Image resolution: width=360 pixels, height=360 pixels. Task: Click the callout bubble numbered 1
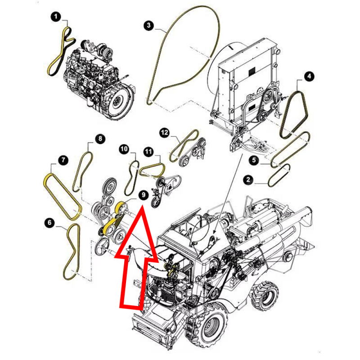(56, 17)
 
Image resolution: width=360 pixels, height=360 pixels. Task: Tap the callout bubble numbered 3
(149, 25)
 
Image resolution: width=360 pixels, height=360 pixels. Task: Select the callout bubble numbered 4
(309, 76)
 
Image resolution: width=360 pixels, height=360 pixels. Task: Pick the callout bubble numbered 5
(254, 160)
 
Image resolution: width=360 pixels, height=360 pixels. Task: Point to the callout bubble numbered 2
(248, 180)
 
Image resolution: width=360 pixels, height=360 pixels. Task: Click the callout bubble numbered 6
(50, 222)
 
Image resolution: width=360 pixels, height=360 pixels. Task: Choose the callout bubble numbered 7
(63, 160)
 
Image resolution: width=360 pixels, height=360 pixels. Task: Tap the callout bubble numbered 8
(100, 139)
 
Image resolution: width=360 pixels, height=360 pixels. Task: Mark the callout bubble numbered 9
(144, 195)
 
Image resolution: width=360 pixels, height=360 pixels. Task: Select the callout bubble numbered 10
(124, 149)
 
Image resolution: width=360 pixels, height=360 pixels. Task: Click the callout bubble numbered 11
(148, 152)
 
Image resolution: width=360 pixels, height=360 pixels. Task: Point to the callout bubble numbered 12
(164, 133)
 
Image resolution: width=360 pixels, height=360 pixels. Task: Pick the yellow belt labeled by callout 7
(62, 197)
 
